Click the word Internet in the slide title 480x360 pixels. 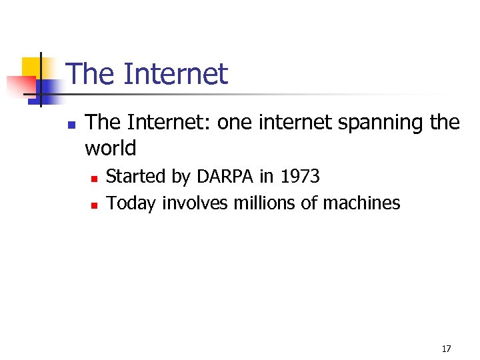(176, 74)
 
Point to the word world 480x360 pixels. (111, 148)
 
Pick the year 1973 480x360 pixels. (300, 177)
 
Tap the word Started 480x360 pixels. (135, 177)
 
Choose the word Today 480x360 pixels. (131, 203)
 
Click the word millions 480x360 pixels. (264, 203)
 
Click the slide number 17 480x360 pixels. (446, 349)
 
